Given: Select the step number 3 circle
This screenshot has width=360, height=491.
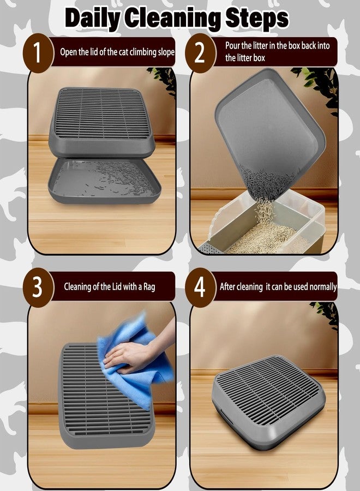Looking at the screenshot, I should pos(37,287).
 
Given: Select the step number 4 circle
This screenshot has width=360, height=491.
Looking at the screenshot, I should pos(201,287).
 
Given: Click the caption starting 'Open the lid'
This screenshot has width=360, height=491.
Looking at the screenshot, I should pos(117,52).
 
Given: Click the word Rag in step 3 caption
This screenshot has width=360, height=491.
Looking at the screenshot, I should pos(148,286).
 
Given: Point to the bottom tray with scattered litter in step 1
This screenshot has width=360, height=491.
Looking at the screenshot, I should pos(104,185).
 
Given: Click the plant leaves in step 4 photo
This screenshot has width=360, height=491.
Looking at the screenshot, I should pos(326,314).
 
